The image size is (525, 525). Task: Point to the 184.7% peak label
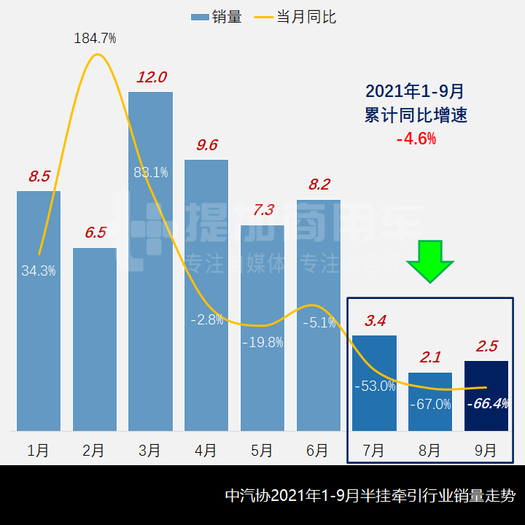[95, 38]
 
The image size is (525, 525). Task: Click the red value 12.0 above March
[152, 77]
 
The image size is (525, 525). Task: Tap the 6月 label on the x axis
[318, 450]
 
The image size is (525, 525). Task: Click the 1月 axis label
[38, 450]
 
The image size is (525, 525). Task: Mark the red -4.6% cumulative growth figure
[416, 138]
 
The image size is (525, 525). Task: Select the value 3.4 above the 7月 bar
[374, 320]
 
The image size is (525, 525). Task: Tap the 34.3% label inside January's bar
[39, 271]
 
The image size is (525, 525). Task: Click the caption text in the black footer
[370, 496]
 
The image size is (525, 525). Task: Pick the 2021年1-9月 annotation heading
[415, 92]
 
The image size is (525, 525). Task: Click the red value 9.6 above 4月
[207, 145]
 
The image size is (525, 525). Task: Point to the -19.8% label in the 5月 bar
[262, 342]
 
